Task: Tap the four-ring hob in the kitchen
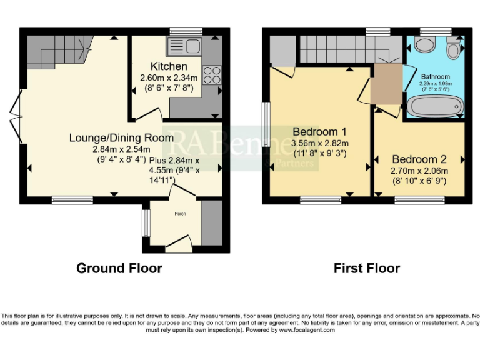(x=211, y=74)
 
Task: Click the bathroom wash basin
(x=426, y=45)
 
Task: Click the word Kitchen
(x=168, y=66)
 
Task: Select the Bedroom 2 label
(x=419, y=159)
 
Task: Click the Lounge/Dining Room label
(x=121, y=137)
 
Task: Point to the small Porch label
(x=180, y=214)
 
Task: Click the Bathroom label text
(x=435, y=77)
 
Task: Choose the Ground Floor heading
(x=119, y=268)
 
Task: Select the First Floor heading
(x=366, y=268)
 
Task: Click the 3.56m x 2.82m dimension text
(x=319, y=142)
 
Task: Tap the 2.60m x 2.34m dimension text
(x=168, y=77)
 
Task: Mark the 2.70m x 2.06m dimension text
(x=419, y=170)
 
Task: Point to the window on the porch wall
(x=146, y=223)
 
